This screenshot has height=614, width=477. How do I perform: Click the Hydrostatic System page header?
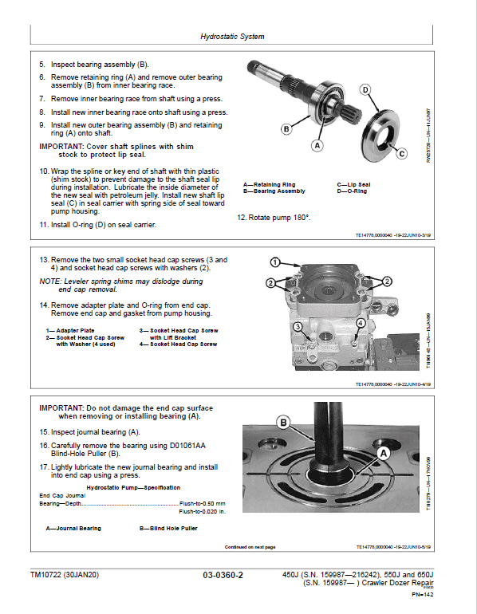(x=231, y=37)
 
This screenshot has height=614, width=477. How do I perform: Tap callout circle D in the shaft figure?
(x=365, y=90)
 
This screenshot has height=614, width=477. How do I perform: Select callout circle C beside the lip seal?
(x=402, y=153)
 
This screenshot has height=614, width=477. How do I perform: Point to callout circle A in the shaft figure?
(x=317, y=146)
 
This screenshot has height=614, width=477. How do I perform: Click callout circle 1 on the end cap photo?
(x=274, y=262)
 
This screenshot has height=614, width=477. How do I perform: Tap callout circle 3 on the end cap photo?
(x=297, y=327)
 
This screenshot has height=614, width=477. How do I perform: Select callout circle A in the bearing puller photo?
(x=382, y=453)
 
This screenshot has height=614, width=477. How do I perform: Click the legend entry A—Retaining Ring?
(x=269, y=184)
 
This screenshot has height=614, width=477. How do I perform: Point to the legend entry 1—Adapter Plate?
(x=70, y=330)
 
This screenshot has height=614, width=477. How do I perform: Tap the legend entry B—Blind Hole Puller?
(x=166, y=528)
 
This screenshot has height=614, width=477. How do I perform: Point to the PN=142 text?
(x=422, y=594)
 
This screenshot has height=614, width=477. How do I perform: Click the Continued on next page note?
(x=250, y=547)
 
